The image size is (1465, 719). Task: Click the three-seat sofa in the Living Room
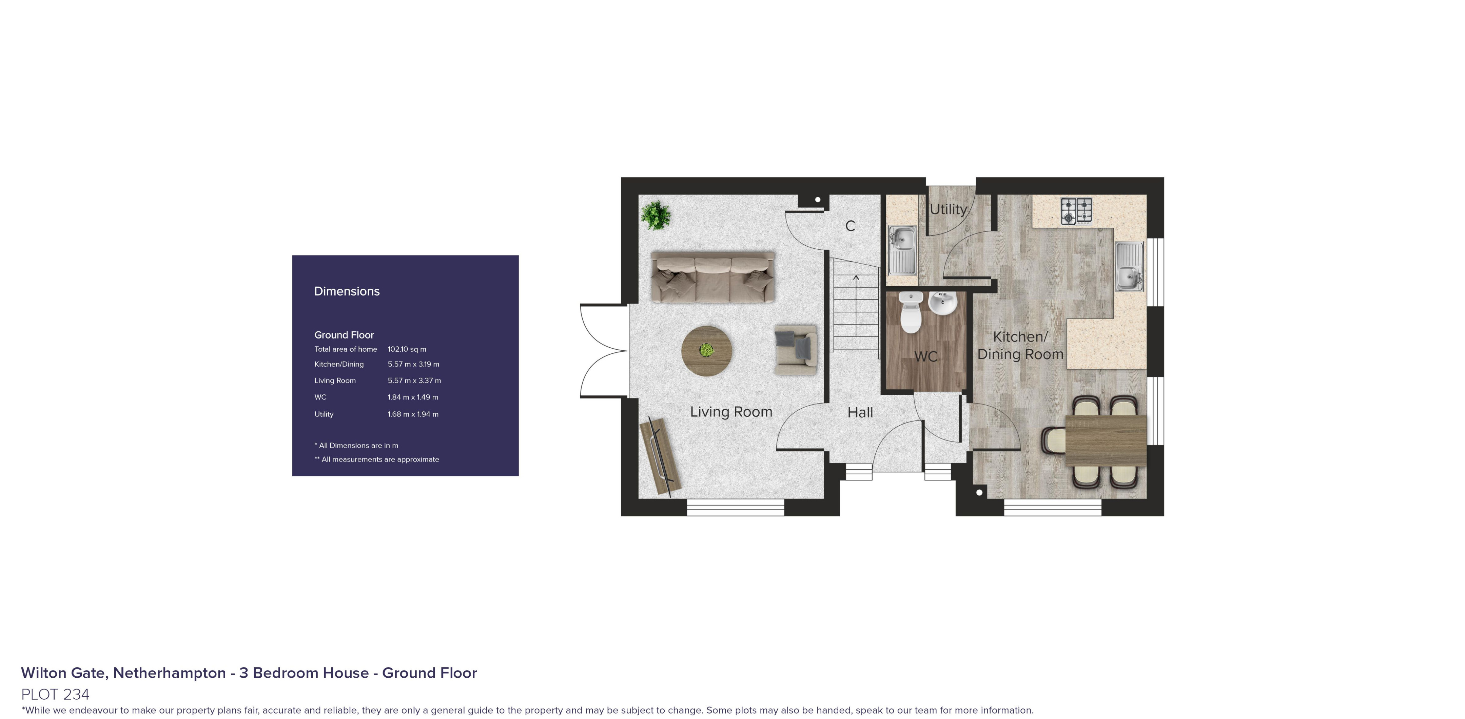[712, 277]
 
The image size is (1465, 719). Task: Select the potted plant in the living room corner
[656, 215]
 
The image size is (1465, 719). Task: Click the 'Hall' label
[860, 413]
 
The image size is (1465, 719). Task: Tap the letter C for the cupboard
[850, 226]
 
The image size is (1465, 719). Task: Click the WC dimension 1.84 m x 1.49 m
[413, 397]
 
